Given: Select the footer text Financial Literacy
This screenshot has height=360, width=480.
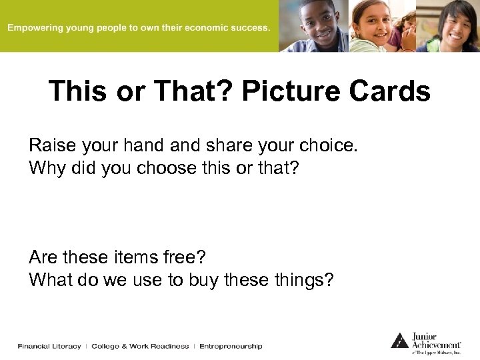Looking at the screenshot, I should click(x=49, y=347).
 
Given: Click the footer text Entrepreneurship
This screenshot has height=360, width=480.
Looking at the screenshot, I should click(x=231, y=347).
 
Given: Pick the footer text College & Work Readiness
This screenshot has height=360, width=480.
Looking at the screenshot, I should click(x=140, y=347).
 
